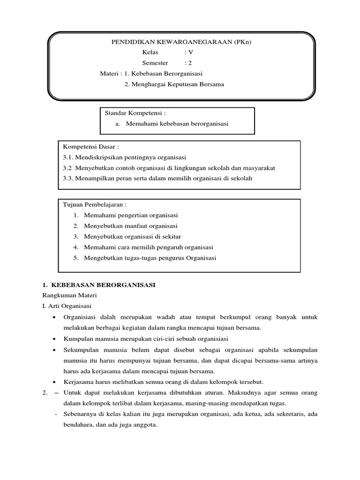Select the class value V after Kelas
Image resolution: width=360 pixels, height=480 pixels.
pyautogui.click(x=190, y=53)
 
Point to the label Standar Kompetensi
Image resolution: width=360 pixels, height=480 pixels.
pyautogui.click(x=135, y=113)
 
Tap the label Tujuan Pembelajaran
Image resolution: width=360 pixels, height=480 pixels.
pyautogui.click(x=95, y=205)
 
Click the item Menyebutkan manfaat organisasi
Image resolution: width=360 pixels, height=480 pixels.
pyautogui.click(x=127, y=226)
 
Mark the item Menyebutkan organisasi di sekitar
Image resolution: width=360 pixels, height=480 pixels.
pyautogui.click(x=132, y=236)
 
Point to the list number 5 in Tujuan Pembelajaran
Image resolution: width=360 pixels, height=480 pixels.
pyautogui.click(x=75, y=258)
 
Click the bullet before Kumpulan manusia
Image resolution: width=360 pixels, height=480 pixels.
pyautogui.click(x=55, y=339)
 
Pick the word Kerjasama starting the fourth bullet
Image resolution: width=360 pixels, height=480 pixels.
pyautogui.click(x=79, y=382)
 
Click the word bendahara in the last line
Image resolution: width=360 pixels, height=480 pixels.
pyautogui.click(x=80, y=425)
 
